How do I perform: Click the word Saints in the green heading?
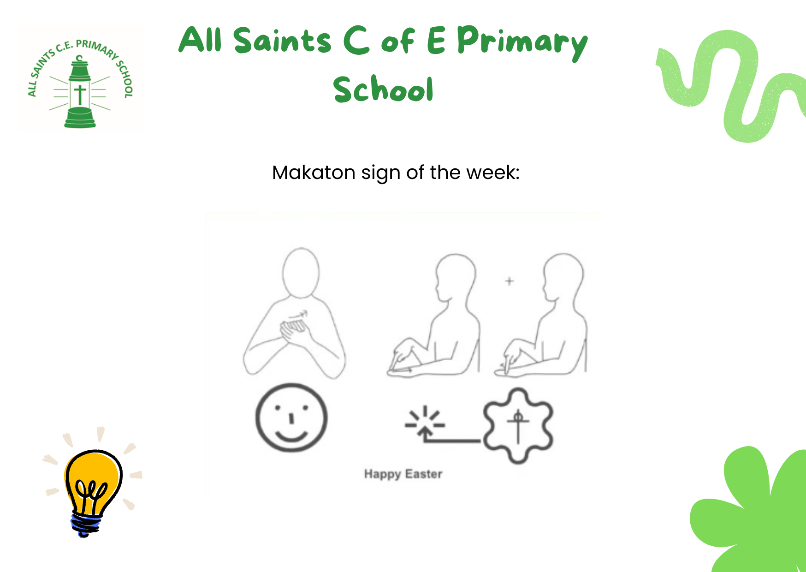click(282, 40)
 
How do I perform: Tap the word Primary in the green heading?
click(522, 42)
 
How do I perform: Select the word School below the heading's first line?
click(383, 89)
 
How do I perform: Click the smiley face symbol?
click(291, 417)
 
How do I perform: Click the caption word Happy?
click(382, 474)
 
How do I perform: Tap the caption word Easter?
click(424, 474)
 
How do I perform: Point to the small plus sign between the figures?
click(510, 281)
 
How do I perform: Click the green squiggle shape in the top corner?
click(731, 86)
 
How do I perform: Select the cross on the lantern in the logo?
click(80, 95)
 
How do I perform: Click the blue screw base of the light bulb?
click(86, 525)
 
